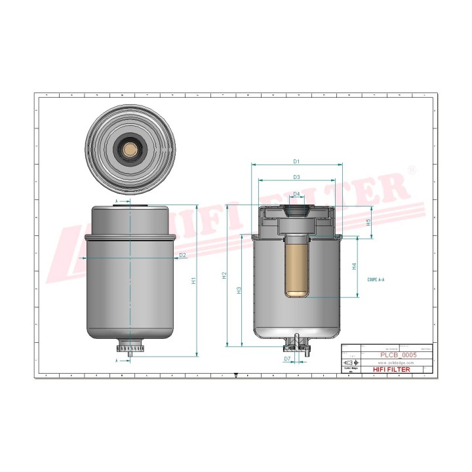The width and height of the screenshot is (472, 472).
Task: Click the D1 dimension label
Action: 296,161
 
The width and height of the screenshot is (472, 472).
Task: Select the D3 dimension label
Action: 296,177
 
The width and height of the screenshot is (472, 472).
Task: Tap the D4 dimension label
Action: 296,194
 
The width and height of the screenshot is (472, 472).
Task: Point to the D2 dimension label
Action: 183,254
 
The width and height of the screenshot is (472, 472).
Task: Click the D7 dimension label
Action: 287,359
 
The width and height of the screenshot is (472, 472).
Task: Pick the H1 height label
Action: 193,281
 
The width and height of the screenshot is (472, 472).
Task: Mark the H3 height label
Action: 239,289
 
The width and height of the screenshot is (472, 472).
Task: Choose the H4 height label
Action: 354,267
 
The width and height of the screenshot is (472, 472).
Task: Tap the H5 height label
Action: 368,222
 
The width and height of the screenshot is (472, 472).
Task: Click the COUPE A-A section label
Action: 376,279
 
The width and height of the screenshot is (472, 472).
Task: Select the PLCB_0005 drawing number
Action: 399,355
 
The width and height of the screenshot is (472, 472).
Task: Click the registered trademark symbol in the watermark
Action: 412,170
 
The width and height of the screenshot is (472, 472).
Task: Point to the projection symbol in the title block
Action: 351,363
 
